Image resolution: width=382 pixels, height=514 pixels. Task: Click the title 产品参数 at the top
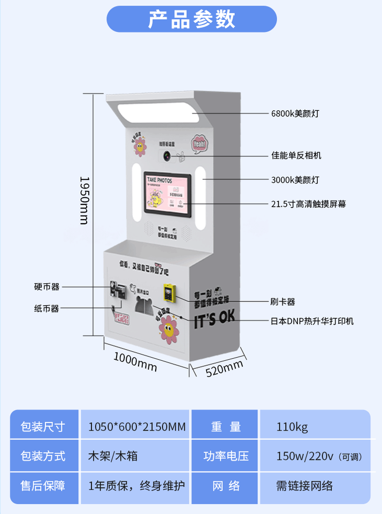click(x=192, y=19)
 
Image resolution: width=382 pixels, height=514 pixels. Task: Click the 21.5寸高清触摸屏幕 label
click(x=308, y=203)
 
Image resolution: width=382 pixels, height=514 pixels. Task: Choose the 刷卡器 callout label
click(x=282, y=301)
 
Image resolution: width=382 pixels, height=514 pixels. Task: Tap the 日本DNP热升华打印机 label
click(x=312, y=321)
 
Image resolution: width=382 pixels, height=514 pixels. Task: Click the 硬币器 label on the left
click(x=47, y=287)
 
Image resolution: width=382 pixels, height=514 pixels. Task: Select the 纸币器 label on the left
click(x=47, y=308)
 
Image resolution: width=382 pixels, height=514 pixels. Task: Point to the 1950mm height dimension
click(x=84, y=200)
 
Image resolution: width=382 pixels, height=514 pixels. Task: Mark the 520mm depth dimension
click(x=224, y=368)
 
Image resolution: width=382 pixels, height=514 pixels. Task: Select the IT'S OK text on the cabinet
click(x=214, y=317)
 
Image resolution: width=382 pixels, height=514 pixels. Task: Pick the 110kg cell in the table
click(x=292, y=427)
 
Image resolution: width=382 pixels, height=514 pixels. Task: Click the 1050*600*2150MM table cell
click(x=136, y=427)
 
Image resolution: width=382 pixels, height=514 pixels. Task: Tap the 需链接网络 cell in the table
click(x=304, y=486)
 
